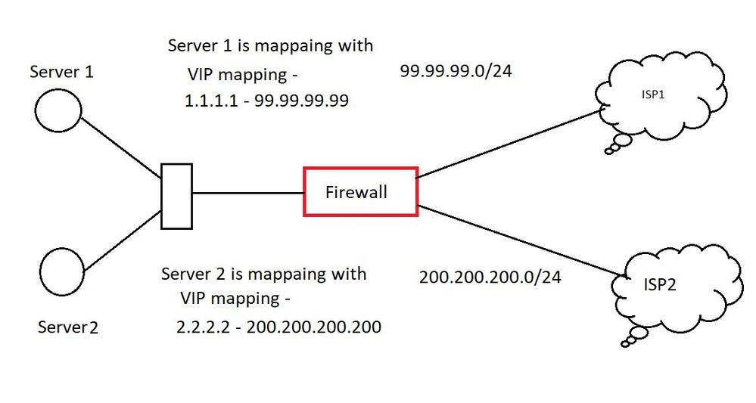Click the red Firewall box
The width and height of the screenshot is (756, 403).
360,192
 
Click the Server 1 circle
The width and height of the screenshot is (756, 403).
58,111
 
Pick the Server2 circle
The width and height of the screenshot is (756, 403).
62,272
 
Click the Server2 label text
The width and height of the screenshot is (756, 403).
68,327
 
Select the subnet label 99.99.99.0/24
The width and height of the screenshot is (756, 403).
450,72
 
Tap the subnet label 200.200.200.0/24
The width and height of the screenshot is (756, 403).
490,277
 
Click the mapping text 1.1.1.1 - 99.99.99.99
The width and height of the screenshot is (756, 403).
266,101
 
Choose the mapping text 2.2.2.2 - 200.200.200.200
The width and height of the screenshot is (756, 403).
278,327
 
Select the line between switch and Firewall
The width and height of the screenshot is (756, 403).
248,192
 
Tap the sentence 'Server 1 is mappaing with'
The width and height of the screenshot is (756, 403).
270,45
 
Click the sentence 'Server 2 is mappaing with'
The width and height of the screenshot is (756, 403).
263,273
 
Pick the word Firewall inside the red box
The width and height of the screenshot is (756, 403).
356,192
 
